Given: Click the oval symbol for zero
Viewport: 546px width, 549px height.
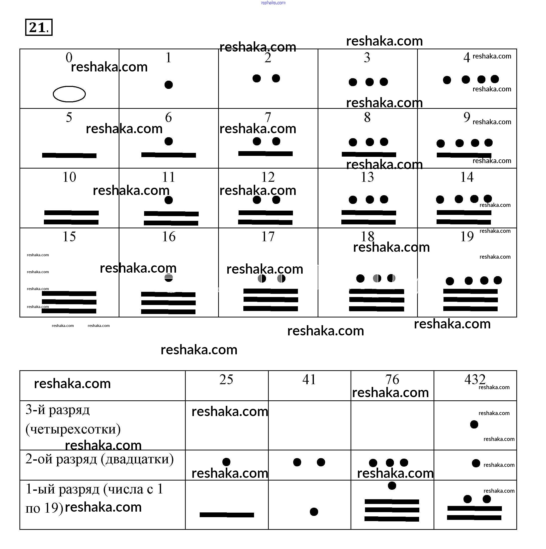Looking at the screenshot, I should [69, 94].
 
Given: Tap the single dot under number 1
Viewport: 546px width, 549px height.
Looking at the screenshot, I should [169, 85].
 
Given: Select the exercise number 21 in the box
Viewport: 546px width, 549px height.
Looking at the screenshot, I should [39, 28].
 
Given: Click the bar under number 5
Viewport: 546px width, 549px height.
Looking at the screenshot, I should [69, 155].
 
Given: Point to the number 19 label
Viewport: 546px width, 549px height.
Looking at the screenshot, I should [467, 237].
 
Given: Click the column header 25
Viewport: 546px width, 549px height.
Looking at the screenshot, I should [226, 379].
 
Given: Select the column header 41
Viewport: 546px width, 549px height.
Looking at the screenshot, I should [309, 379].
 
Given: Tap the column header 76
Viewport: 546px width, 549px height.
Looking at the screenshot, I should [392, 379].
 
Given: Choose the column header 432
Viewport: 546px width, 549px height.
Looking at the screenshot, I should [475, 379].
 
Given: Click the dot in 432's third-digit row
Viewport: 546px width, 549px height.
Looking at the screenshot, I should [474, 424].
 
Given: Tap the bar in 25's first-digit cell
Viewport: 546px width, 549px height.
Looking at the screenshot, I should [227, 515].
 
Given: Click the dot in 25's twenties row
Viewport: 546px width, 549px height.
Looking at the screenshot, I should [226, 462].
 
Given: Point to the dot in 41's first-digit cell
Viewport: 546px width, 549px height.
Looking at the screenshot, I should [314, 511].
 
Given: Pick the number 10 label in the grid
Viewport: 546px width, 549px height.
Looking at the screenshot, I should [69, 177].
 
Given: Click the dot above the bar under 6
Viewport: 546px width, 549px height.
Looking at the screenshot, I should [169, 141].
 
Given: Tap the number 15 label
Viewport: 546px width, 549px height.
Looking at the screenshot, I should [69, 237].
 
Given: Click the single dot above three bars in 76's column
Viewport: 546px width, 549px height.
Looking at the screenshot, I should [392, 486].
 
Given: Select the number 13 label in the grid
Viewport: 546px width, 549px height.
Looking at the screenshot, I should [367, 177].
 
